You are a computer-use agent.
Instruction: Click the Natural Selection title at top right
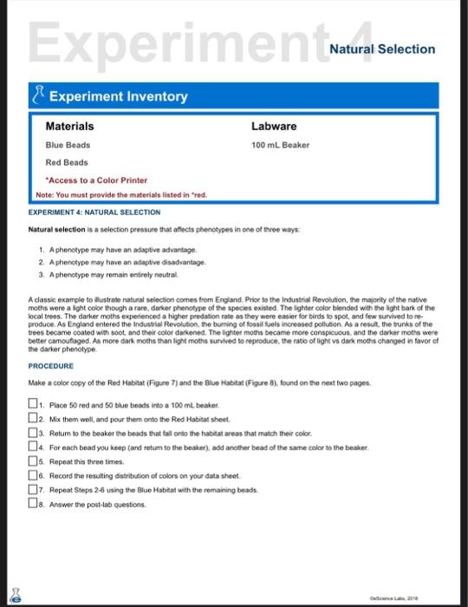point(382,49)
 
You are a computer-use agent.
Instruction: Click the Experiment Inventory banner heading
point(118,96)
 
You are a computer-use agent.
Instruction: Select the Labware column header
point(274,127)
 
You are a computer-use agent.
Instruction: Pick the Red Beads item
point(67,162)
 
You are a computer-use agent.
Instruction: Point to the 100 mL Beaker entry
point(280,145)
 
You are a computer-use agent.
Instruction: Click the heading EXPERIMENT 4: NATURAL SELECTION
point(94,212)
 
